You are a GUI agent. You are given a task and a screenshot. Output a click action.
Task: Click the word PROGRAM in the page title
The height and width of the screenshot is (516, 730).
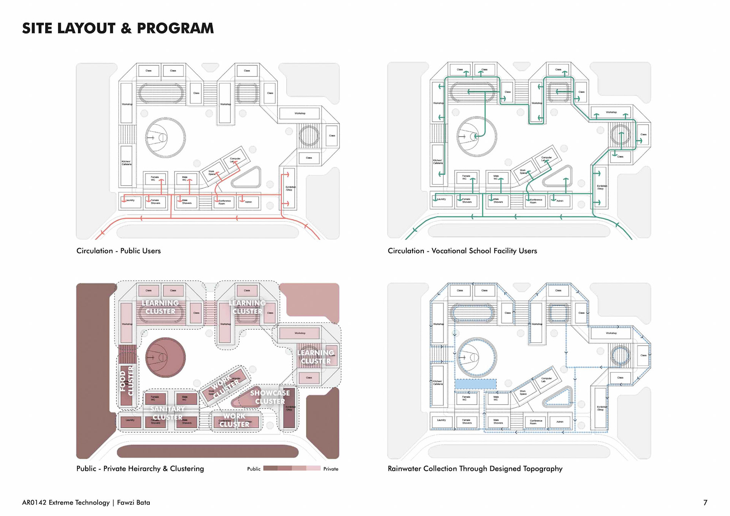tap(175, 29)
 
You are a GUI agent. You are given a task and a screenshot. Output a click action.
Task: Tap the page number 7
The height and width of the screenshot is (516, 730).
tap(705, 503)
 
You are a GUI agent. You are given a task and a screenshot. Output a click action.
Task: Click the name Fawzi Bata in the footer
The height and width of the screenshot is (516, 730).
tap(133, 503)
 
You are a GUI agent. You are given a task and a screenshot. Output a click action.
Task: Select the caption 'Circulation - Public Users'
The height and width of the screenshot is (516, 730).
tap(119, 251)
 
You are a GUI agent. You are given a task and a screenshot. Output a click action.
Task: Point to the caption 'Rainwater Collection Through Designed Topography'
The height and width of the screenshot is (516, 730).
tap(475, 469)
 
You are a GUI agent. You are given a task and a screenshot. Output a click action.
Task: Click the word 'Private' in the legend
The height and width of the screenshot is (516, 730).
tap(331, 469)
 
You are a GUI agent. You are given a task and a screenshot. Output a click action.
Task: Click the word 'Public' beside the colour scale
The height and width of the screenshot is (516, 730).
tap(254, 469)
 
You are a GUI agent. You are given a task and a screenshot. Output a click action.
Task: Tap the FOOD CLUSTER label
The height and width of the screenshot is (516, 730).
tap(127, 381)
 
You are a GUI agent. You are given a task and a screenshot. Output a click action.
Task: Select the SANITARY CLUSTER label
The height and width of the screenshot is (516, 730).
tap(167, 413)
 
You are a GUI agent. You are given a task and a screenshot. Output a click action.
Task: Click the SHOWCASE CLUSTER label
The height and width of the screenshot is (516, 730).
tap(270, 397)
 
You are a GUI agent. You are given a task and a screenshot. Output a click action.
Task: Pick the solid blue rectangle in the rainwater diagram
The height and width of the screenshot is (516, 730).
tap(475, 384)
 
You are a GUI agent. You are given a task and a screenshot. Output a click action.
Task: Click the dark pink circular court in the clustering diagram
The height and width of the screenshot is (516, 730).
tap(165, 357)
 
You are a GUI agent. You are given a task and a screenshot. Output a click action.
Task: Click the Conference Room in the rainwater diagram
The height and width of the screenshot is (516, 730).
tap(536, 422)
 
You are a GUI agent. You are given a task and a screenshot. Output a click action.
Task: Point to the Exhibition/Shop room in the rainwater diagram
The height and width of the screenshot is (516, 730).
tap(600, 408)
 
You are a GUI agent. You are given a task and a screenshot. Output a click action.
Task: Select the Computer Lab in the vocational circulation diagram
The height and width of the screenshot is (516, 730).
tap(546, 159)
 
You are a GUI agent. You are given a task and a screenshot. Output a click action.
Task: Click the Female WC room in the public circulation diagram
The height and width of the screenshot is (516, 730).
tap(155, 178)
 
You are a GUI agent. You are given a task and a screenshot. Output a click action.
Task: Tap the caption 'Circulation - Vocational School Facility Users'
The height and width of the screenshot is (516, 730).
tap(462, 251)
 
